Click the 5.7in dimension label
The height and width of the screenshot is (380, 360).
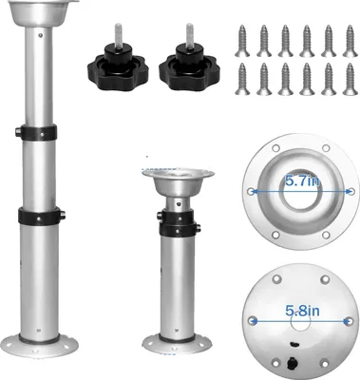(x=303, y=181)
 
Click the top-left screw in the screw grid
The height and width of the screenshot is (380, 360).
(x=242, y=41)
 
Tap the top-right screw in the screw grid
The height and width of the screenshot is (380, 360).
(x=350, y=41)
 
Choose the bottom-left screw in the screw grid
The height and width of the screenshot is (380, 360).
(x=242, y=79)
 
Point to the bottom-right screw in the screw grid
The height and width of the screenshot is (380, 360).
(x=350, y=79)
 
